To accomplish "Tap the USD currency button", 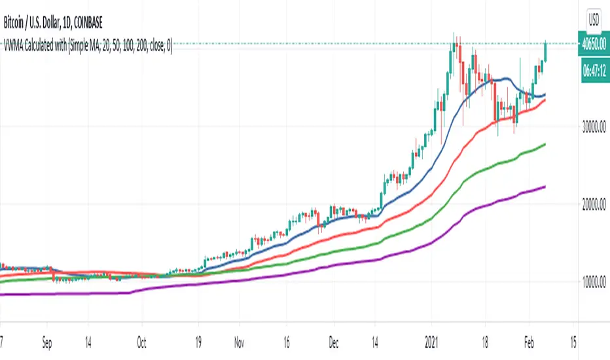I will click(x=594, y=18).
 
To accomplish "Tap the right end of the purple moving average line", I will click(x=545, y=187).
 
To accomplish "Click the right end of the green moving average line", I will click(x=545, y=144).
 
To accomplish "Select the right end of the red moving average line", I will click(x=545, y=99).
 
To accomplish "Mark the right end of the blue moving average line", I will click(x=545, y=94).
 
